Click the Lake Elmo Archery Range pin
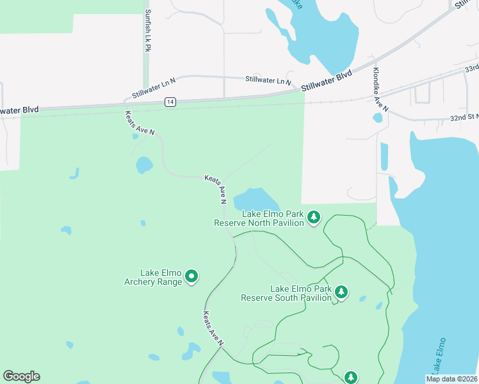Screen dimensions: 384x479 pyautogui.click(x=191, y=276)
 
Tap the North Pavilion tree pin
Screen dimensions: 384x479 pyautogui.click(x=313, y=218)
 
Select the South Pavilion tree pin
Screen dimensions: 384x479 pyautogui.click(x=341, y=292)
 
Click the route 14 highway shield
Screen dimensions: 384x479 pyautogui.click(x=170, y=102)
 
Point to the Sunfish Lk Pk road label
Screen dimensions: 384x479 pyautogui.click(x=148, y=31)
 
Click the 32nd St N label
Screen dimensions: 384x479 pyautogui.click(x=464, y=118)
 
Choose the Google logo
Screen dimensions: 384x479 pyautogui.click(x=21, y=376)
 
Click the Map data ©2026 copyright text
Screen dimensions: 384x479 pyautogui.click(x=452, y=379)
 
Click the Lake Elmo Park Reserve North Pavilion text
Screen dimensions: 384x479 pyautogui.click(x=259, y=218)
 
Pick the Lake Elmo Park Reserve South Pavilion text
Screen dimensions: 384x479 pyautogui.click(x=286, y=293)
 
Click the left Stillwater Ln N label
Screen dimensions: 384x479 pyautogui.click(x=154, y=89)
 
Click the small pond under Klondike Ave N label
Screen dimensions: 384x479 pyautogui.click(x=378, y=118)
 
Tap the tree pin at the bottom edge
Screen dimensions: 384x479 pyautogui.click(x=351, y=378)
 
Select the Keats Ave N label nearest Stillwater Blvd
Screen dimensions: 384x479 pyautogui.click(x=139, y=122)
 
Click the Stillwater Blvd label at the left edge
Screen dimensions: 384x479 pyautogui.click(x=19, y=110)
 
